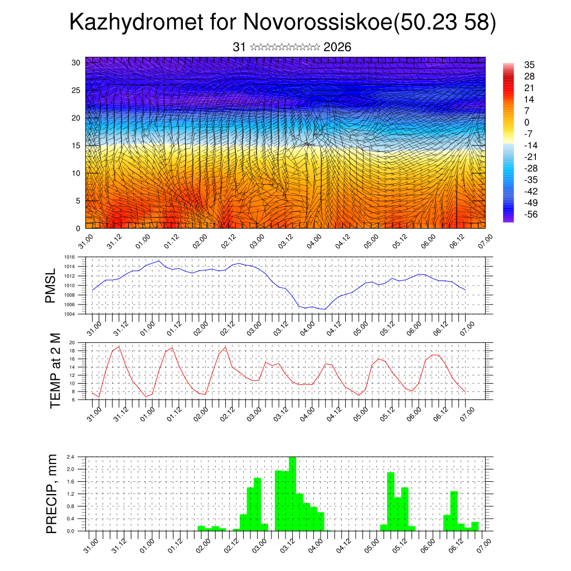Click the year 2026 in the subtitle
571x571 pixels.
tap(337, 47)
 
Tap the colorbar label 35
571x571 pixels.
tap(529, 65)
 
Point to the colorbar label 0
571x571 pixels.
tap(527, 122)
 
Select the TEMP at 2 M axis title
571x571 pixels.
tap(55, 371)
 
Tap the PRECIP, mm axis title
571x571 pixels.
tap(52, 493)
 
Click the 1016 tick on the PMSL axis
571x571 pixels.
tap(69, 257)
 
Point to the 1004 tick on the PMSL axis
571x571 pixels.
tap(69, 314)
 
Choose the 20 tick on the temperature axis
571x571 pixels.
tap(72, 342)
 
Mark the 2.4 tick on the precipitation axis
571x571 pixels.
tap(71, 457)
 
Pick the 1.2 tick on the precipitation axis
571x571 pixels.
tap(71, 494)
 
